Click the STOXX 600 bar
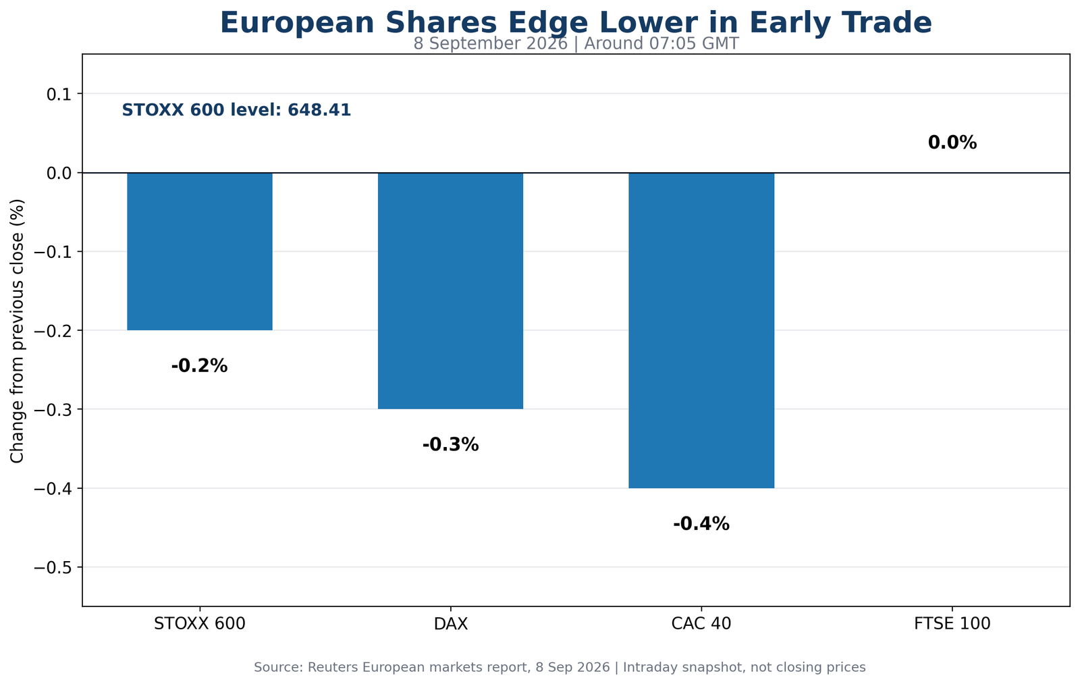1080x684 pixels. pyautogui.click(x=200, y=251)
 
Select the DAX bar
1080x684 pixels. pyautogui.click(x=450, y=291)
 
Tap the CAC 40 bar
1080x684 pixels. pyautogui.click(x=701, y=330)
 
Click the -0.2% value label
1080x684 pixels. pyautogui.click(x=199, y=366)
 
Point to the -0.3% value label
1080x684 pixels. pyautogui.click(x=450, y=445)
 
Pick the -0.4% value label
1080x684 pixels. pyautogui.click(x=701, y=524)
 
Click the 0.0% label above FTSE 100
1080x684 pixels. pyautogui.click(x=952, y=142)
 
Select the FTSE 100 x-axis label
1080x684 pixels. pyautogui.click(x=952, y=624)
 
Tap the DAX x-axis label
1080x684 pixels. pyautogui.click(x=451, y=624)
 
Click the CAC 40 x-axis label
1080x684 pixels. pyautogui.click(x=701, y=624)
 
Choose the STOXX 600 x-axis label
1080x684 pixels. pyautogui.click(x=200, y=624)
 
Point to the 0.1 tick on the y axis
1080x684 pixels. pyautogui.click(x=59, y=94)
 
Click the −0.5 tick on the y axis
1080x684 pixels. pyautogui.click(x=52, y=568)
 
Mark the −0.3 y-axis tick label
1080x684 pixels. pyautogui.click(x=52, y=410)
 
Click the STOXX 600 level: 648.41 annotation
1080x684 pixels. pyautogui.click(x=236, y=111)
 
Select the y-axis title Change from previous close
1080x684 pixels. pyautogui.click(x=18, y=331)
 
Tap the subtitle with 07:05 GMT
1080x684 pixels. pyautogui.click(x=576, y=44)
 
